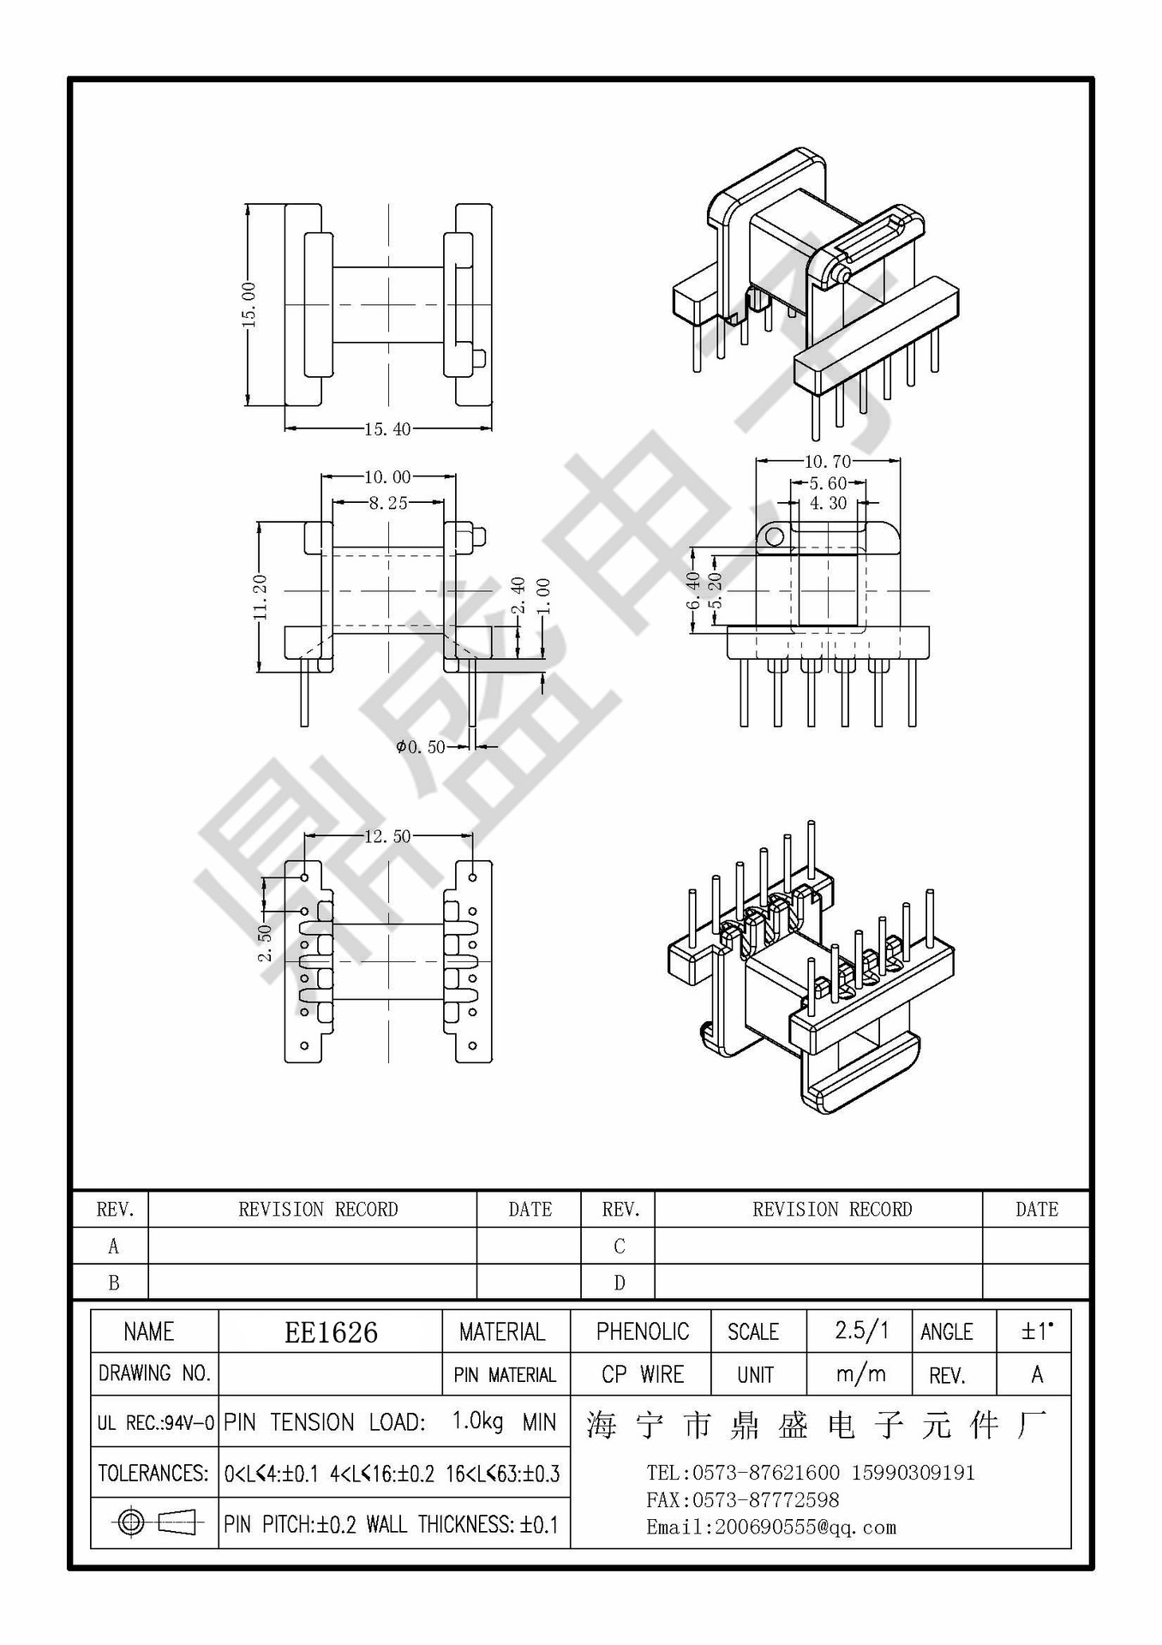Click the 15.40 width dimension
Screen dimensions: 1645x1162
[x=387, y=429]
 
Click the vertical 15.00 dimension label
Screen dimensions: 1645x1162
[x=249, y=304]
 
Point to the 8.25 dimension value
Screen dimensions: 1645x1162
[x=388, y=503]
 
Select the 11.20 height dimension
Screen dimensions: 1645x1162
[x=261, y=597]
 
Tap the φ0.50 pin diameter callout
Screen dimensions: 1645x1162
[x=421, y=747]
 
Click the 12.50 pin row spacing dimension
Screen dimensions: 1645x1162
[x=387, y=836]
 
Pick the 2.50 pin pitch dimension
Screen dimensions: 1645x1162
[x=265, y=942]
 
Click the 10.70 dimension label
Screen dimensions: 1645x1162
[x=827, y=462]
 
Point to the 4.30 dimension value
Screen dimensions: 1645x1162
[x=828, y=504]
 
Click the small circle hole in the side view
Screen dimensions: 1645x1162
[x=774, y=536]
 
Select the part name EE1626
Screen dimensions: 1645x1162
[x=331, y=1332]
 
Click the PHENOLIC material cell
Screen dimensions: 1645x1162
[x=642, y=1331]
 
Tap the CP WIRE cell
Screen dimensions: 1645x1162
[x=642, y=1374]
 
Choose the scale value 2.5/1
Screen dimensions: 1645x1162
[x=861, y=1331]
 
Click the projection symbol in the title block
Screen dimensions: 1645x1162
[x=154, y=1522]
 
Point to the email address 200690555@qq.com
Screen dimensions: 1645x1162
[x=771, y=1527]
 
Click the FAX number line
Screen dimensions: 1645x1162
[x=742, y=1500]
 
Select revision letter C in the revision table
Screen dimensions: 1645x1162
[x=619, y=1246]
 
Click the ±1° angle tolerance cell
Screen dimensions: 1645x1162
[x=1036, y=1331]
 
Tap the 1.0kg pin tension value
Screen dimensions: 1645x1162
[x=477, y=1421]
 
